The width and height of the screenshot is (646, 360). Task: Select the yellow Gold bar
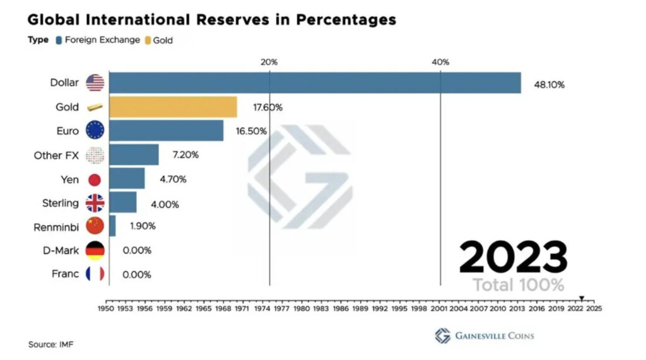tap(173, 107)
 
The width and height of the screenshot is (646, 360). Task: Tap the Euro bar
tap(166, 131)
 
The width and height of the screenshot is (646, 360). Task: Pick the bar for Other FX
tap(134, 154)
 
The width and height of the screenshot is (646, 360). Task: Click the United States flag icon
tap(95, 83)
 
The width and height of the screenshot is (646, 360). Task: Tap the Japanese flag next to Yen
tap(95, 180)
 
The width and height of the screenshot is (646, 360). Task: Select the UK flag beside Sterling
tap(95, 203)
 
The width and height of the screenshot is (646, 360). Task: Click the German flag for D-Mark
tap(95, 250)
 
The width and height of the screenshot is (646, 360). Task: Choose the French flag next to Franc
tap(95, 274)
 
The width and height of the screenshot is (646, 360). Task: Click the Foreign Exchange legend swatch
tap(58, 40)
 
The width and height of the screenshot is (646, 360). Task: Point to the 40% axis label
tap(440, 62)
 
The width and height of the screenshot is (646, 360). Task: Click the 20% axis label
tap(269, 62)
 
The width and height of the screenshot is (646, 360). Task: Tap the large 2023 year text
tap(512, 257)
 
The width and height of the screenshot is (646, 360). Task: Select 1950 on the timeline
tap(105, 310)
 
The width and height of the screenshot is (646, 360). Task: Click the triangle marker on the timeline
tap(582, 298)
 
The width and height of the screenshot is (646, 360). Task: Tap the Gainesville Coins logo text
tap(493, 335)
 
